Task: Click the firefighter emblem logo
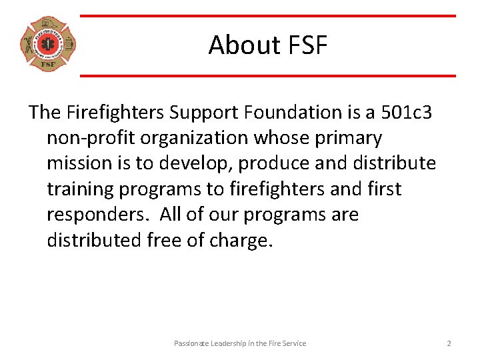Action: click(x=48, y=45)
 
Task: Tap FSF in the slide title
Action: click(x=307, y=45)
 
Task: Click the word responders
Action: click(x=89, y=215)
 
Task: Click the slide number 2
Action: click(x=449, y=343)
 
